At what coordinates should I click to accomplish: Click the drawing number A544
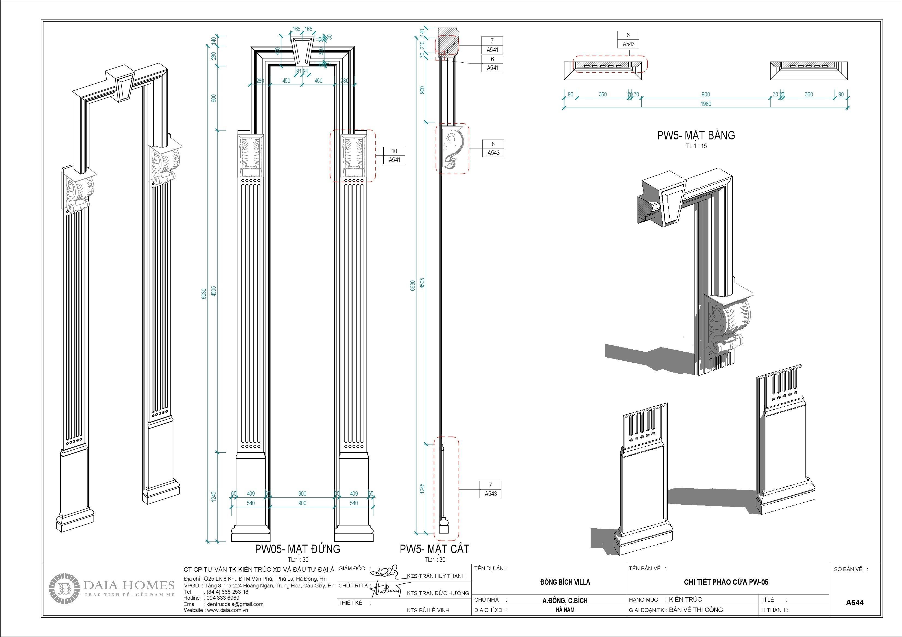(x=855, y=602)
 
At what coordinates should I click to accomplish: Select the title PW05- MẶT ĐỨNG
(x=297, y=549)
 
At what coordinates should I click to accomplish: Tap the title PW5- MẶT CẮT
(x=434, y=549)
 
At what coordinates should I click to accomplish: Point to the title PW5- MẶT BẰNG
(x=696, y=135)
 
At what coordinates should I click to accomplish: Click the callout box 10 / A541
(x=394, y=156)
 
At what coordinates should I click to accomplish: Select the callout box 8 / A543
(x=493, y=148)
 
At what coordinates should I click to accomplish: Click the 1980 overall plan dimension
(x=706, y=104)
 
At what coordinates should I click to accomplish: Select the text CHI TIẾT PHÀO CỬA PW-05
(x=726, y=582)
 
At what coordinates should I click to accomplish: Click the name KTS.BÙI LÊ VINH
(x=428, y=610)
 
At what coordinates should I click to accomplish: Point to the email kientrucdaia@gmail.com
(x=234, y=604)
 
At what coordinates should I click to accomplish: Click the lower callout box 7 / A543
(x=490, y=489)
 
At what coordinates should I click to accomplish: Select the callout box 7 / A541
(x=492, y=45)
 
